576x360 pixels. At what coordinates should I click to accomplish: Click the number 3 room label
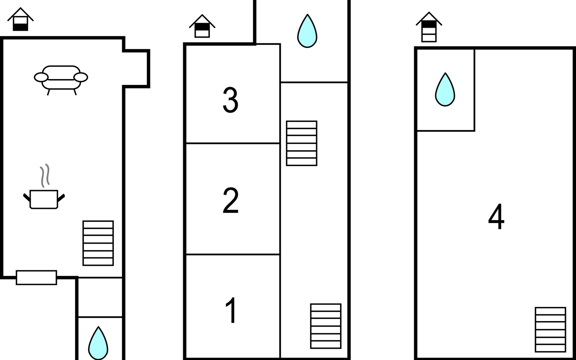(230, 100)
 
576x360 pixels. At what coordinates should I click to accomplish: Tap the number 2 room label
(230, 200)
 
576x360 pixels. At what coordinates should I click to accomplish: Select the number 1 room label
(231, 310)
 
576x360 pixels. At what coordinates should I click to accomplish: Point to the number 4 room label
(496, 217)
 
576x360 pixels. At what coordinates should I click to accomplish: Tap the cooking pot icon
(44, 199)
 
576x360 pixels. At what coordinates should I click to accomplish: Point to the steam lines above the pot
(45, 175)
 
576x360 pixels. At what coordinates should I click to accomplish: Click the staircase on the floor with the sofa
(98, 243)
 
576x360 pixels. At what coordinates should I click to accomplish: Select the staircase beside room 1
(326, 326)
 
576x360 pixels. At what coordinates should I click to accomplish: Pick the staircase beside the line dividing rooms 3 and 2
(301, 143)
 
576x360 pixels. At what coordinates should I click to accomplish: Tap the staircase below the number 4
(550, 330)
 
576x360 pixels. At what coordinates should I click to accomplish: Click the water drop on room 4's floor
(445, 90)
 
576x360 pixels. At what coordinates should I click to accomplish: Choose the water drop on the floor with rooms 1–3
(307, 31)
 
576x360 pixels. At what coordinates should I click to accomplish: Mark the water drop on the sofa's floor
(98, 343)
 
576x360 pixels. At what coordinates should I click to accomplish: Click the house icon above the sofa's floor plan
(20, 19)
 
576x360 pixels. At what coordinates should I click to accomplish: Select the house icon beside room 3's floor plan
(202, 26)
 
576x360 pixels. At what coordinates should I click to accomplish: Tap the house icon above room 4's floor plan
(429, 27)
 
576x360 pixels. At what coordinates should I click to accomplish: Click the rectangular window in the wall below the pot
(36, 277)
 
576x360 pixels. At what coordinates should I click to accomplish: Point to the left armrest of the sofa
(41, 77)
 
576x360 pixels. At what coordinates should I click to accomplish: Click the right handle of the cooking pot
(61, 197)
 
